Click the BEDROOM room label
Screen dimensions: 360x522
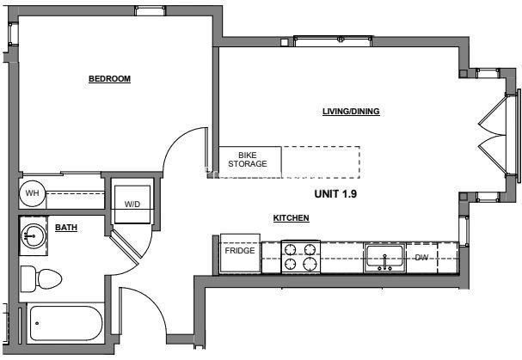[109, 79]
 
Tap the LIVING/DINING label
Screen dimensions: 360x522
[351, 111]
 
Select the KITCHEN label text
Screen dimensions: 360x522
[291, 218]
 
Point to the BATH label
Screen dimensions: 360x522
[65, 228]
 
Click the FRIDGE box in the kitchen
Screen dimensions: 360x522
[240, 253]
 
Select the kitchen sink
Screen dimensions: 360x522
[384, 257]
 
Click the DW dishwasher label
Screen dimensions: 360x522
[421, 257]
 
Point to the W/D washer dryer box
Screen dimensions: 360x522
[132, 204]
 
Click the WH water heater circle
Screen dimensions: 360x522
[33, 193]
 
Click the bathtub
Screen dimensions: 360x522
[66, 326]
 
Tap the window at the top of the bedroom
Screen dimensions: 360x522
[148, 10]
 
